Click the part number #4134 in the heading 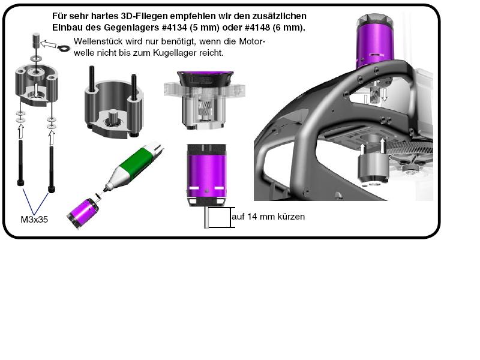[174, 28]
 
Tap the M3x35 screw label [34, 220]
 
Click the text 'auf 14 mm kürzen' [268, 217]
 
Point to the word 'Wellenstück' [98, 41]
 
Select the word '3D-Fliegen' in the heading [143, 16]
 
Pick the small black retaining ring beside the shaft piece [64, 48]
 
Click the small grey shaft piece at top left [37, 40]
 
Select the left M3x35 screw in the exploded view [20, 163]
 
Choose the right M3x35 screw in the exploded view [52, 169]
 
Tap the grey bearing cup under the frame [373, 167]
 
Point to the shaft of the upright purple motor [206, 217]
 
